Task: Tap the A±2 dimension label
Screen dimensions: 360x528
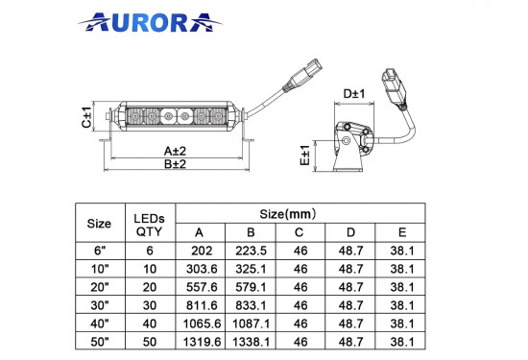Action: point(175,151)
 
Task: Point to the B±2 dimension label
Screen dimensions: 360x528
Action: point(175,164)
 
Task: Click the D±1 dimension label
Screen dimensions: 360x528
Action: point(354,94)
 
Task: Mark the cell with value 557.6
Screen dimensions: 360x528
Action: point(200,286)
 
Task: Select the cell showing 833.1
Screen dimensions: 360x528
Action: point(251,304)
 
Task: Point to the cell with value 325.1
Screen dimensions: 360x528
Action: point(251,268)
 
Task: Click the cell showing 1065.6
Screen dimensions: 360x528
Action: point(200,323)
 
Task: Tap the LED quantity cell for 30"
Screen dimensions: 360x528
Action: point(149,304)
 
